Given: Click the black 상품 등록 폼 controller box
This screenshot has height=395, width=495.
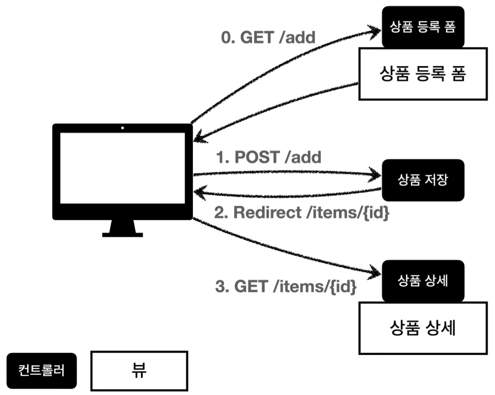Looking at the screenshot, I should [423, 27].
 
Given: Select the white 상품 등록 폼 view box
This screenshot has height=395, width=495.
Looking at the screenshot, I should [423, 74].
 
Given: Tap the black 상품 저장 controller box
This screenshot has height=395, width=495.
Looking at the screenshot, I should [423, 180].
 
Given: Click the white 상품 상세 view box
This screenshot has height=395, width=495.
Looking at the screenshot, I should [423, 328].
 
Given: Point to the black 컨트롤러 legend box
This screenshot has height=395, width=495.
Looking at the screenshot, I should [42, 370].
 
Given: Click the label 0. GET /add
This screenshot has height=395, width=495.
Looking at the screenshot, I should [268, 37].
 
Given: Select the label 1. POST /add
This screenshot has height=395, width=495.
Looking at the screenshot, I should [269, 157].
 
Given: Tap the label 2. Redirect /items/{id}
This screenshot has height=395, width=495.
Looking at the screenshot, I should [301, 213].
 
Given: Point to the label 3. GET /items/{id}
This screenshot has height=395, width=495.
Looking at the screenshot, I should [286, 287].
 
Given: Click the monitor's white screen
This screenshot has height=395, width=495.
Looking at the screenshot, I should [122, 168].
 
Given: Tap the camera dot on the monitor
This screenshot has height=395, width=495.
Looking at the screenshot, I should [122, 128].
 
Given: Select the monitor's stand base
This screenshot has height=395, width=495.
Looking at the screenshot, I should [122, 234].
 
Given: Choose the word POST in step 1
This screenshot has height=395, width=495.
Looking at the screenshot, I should [257, 157].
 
